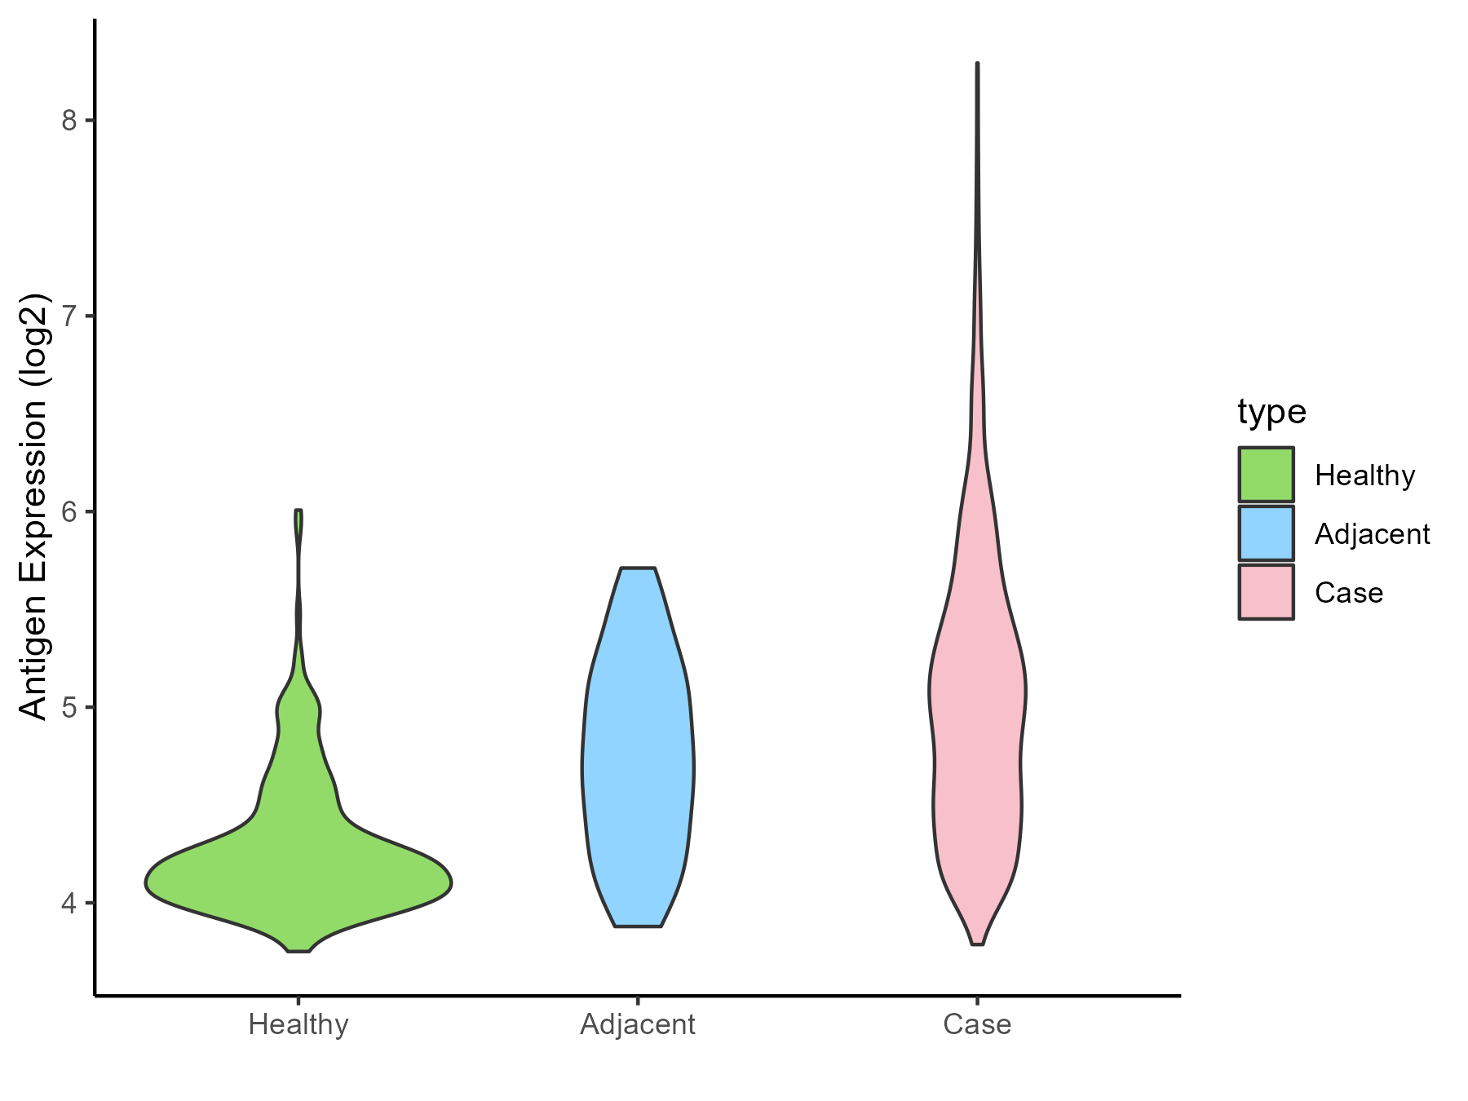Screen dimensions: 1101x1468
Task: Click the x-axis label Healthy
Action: (298, 1024)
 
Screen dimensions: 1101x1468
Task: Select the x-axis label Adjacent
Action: (638, 1024)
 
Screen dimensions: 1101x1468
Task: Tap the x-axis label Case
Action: (977, 1024)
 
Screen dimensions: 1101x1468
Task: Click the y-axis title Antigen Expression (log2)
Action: (34, 506)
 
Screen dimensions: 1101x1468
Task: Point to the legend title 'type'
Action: (1271, 412)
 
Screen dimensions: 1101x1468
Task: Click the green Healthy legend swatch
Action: (1266, 474)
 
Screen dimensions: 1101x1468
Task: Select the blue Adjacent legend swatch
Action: (1266, 533)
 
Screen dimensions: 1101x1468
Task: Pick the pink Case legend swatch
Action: (1266, 592)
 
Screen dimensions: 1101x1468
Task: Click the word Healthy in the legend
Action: (1364, 475)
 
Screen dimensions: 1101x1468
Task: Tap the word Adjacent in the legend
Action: (1372, 534)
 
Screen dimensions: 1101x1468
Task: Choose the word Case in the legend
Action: (1349, 593)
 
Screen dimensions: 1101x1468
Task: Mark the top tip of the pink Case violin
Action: (977, 64)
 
